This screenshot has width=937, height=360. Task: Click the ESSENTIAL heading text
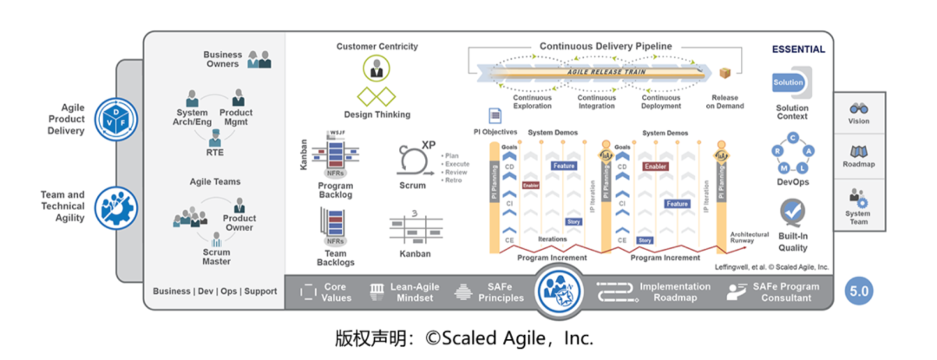tap(798, 49)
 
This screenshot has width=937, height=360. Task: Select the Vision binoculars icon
tap(859, 109)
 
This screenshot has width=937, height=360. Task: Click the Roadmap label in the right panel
tap(859, 163)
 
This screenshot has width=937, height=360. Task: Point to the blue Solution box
tap(789, 82)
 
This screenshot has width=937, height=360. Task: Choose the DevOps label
tap(793, 182)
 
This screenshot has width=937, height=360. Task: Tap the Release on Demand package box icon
tap(725, 75)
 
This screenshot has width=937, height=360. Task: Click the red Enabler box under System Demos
tap(655, 166)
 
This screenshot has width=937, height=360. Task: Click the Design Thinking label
tap(377, 114)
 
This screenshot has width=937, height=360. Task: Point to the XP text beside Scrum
tap(429, 144)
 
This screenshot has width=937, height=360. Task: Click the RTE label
tap(214, 152)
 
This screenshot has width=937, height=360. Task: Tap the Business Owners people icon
tap(259, 60)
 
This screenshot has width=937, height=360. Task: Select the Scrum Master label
tap(216, 256)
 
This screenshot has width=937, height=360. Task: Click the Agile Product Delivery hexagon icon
tap(115, 119)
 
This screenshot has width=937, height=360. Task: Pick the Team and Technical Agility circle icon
tap(115, 206)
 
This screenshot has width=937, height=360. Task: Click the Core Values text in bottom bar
tap(336, 291)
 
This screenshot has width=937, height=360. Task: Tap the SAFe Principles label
tap(501, 292)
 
